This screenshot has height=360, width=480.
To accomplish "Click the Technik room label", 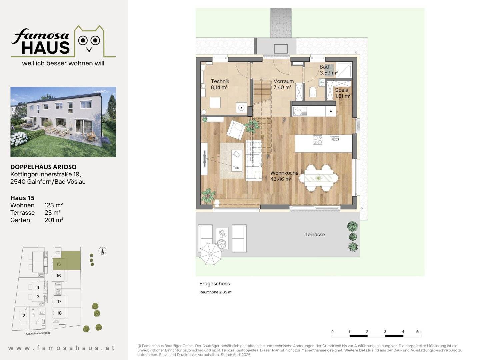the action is pyautogui.click(x=220, y=81).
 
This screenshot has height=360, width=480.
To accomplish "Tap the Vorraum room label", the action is pyautogui.click(x=283, y=81).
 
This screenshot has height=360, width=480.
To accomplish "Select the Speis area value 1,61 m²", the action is pyautogui.click(x=343, y=96).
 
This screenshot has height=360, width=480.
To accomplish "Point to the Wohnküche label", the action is pyautogui.click(x=284, y=173).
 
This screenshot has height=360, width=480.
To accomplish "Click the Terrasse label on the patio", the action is pyautogui.click(x=315, y=235).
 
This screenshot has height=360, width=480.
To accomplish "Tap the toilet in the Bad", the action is pyautogui.click(x=313, y=92).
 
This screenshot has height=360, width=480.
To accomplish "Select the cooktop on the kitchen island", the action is pyautogui.click(x=318, y=140).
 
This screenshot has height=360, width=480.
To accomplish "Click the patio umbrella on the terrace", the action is pyautogui.click(x=211, y=254).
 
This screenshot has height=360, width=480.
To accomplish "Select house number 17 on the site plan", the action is pyautogui.click(x=59, y=302).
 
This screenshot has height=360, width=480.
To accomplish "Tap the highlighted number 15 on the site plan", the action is pyautogui.click(x=58, y=264).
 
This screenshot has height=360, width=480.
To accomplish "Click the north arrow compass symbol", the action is pyautogui.click(x=102, y=251).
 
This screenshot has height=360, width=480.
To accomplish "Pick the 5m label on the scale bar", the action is pyautogui.click(x=419, y=332).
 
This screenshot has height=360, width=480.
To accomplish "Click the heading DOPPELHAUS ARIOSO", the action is pyautogui.click(x=43, y=167).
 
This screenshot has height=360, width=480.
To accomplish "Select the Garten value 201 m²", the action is pyautogui.click(x=54, y=220).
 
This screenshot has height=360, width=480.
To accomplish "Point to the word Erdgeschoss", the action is pyautogui.click(x=215, y=284).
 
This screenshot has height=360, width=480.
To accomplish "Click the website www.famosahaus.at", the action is pyautogui.click(x=62, y=348).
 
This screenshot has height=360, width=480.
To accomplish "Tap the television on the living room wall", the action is pyautogui.click(x=205, y=159).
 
